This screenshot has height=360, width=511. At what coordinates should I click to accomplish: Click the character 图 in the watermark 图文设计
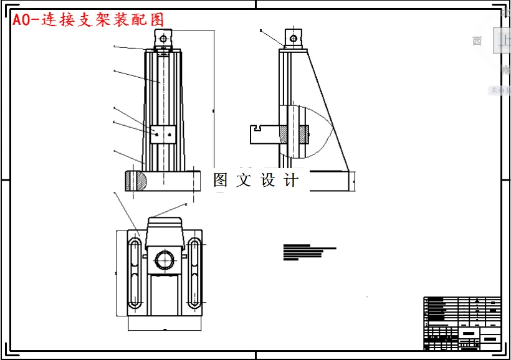(x=221, y=181)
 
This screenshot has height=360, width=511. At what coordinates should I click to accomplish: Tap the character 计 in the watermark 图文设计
(x=292, y=181)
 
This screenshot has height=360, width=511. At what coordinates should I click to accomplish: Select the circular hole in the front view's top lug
(x=163, y=39)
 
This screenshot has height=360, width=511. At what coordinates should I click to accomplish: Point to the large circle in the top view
(x=164, y=258)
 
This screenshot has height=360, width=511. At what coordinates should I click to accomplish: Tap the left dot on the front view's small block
(x=158, y=133)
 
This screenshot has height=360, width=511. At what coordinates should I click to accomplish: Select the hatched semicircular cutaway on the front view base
(x=136, y=181)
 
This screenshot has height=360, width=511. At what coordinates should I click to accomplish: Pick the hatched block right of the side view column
(x=303, y=134)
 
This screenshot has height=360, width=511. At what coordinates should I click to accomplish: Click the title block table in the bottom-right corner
(x=462, y=323)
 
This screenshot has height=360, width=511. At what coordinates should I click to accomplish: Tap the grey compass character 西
(x=477, y=42)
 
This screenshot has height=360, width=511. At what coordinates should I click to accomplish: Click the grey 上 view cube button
(x=502, y=40)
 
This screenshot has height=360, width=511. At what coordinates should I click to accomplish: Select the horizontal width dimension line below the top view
(x=165, y=328)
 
